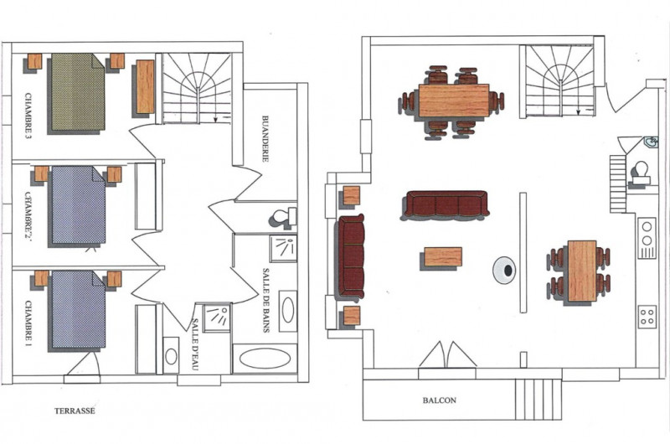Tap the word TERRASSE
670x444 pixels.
[75, 411]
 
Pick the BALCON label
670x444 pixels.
[439, 400]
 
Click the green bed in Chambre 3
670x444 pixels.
[77, 92]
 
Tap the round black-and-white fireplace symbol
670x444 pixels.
[505, 269]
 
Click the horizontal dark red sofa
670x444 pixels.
[445, 204]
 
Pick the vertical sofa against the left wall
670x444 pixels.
[350, 257]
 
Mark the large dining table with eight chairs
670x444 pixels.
[453, 101]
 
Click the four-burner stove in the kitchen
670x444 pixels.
[647, 316]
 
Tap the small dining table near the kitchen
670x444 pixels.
[581, 271]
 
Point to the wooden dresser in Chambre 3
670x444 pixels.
[145, 87]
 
